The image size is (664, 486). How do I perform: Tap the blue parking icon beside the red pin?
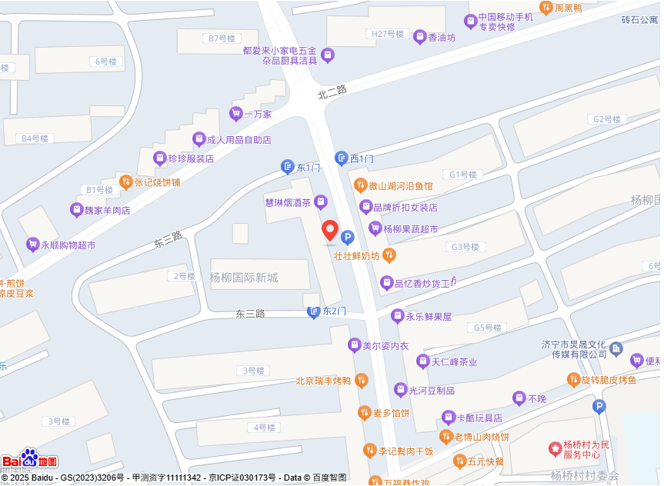pos(348,238)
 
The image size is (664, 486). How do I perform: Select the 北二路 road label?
pos(332,92)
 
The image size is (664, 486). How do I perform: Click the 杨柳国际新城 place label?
pos(244,278)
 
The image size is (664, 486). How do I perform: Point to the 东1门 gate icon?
pos(287,167)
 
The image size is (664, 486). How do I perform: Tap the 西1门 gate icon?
pos(341,158)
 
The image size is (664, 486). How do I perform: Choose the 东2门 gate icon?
pos(313,311)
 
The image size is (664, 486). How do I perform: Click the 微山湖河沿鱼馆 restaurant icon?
pos(359,185)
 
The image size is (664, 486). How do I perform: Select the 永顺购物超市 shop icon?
pos(32,245)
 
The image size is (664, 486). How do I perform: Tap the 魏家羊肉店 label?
pos(107,210)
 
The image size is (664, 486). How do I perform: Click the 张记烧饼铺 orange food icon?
pos(125,182)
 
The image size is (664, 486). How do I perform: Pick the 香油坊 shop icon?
pos(420,36)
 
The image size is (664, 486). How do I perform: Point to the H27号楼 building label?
pos(387,34)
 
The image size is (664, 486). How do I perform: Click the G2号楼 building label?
pos(606,119)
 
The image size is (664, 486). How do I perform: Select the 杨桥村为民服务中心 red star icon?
pos(554,448)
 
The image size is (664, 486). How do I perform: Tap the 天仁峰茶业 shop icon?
pos(422,361)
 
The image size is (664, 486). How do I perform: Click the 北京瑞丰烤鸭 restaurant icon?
pos(362,380)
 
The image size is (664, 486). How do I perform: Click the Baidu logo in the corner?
pos(29,459)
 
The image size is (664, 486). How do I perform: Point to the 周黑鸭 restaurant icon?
pos(546,8)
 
